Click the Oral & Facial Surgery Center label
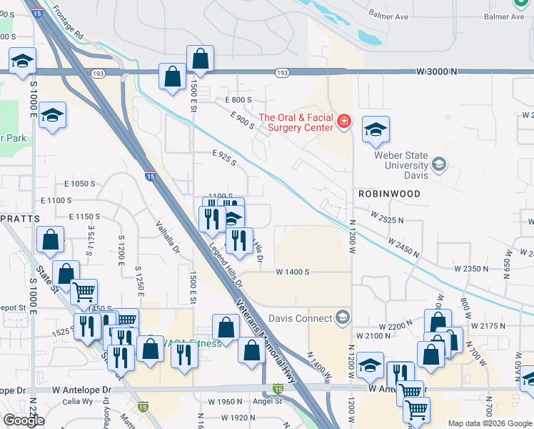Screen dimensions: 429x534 [296, 122]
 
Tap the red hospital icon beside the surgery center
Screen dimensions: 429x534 [344, 122]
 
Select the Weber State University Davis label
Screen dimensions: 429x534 [404, 166]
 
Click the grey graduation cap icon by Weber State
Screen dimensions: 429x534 [439, 166]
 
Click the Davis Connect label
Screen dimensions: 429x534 [300, 318]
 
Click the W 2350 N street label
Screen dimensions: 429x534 [469, 269]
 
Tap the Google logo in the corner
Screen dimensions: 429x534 [24, 420]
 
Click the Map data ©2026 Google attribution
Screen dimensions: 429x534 [489, 423]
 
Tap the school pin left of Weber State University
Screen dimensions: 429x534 [376, 130]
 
